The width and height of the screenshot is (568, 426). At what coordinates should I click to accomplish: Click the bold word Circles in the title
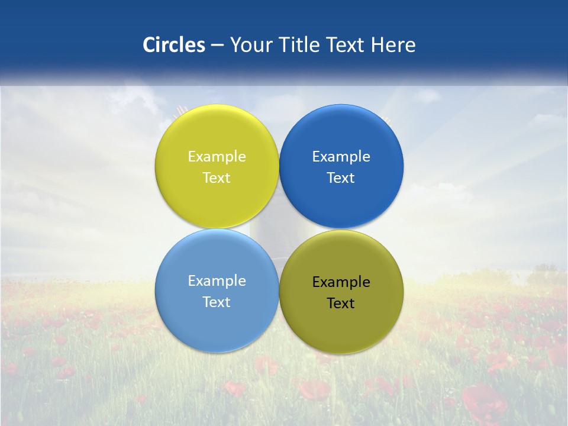174,45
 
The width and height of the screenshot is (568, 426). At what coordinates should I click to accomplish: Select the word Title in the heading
301,45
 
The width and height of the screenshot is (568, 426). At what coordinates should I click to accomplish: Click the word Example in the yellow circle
217,156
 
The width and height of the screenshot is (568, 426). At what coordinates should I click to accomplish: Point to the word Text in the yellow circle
217,177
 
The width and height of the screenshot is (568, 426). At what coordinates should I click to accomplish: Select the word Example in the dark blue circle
341,156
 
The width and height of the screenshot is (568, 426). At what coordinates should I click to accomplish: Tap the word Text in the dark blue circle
341,177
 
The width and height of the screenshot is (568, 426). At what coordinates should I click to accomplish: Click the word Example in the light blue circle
217,280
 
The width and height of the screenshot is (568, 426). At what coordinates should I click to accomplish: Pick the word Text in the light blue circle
217,302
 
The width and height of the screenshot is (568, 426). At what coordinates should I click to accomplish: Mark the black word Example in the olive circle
341,282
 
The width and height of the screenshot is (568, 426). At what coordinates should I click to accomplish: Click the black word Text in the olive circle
341,303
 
